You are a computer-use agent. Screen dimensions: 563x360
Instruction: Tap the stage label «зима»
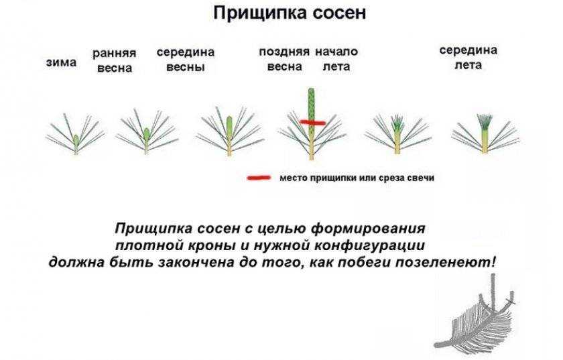(62, 62)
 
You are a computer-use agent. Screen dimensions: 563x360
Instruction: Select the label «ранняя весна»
(115, 60)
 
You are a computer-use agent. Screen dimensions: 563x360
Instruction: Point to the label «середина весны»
(186, 59)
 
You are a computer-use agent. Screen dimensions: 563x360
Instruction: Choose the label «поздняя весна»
(284, 59)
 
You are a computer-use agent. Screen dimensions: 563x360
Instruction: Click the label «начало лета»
(336, 59)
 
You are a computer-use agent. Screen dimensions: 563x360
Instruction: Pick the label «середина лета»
(468, 58)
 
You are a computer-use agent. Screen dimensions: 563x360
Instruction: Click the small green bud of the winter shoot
(76, 139)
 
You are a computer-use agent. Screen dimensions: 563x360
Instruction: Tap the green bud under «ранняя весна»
(146, 135)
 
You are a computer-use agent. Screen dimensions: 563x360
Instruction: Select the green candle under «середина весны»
(229, 126)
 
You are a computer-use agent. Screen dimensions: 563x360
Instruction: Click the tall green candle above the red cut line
(311, 104)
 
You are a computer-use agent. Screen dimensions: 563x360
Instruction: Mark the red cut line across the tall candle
(313, 123)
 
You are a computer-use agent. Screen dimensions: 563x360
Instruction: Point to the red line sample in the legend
(259, 178)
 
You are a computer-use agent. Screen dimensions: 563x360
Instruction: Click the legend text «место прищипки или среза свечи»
(357, 178)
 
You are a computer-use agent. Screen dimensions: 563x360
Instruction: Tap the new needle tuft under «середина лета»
(485, 122)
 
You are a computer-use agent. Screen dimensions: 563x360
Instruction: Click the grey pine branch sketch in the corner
(476, 314)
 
